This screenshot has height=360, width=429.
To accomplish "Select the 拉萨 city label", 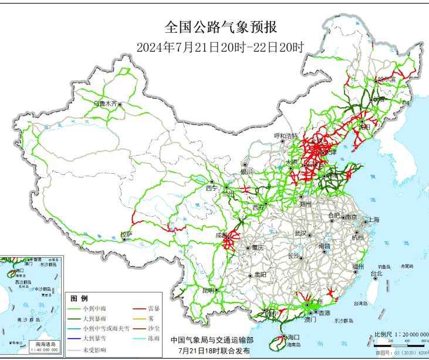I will click(126, 234).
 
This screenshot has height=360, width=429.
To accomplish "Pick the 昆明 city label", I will click(208, 290).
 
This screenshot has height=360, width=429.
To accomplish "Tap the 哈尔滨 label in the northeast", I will click(387, 79).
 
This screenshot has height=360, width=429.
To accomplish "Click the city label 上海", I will click(373, 220).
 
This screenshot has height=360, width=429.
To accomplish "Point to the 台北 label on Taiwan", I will click(376, 273).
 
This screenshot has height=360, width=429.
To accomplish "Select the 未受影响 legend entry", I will click(93, 349).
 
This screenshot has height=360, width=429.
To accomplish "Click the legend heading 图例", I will click(79, 298).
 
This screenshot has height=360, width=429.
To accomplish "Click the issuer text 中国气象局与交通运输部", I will click(212, 340).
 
